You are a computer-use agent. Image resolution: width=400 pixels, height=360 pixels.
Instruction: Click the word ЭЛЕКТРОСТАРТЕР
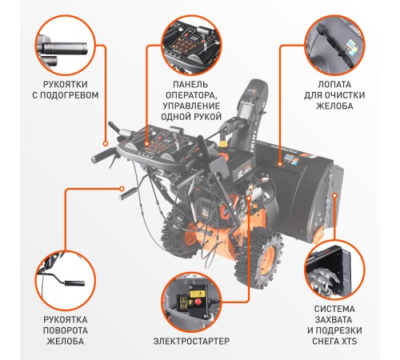[x=191, y=341]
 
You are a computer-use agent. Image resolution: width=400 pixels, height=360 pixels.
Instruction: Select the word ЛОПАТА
[x=334, y=85]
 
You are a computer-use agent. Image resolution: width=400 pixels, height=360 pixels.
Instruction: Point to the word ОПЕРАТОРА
[x=190, y=95]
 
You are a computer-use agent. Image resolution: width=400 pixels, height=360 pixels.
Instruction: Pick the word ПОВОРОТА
[x=66, y=330]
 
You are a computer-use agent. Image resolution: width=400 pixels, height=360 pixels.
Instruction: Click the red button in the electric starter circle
[x=198, y=302]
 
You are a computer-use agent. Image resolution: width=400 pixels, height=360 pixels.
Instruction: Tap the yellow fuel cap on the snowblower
[x=222, y=144]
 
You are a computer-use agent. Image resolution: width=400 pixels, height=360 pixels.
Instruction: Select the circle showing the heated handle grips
[x=66, y=46]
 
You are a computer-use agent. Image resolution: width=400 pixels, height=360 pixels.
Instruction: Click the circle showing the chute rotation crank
[x=66, y=281]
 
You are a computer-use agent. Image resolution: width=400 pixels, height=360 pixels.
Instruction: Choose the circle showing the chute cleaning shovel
[x=334, y=46]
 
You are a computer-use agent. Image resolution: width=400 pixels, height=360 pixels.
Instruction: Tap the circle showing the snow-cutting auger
[x=334, y=270]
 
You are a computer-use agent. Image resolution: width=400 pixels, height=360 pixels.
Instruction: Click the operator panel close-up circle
[x=192, y=46]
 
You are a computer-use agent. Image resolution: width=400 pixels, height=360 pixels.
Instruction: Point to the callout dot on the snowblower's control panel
[x=146, y=144]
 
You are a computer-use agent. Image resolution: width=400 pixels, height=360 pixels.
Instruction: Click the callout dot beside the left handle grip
[x=106, y=144]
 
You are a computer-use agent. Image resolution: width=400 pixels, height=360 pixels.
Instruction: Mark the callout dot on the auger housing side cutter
[x=334, y=195]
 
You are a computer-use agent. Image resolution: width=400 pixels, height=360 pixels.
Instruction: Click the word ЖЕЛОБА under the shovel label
[x=334, y=106]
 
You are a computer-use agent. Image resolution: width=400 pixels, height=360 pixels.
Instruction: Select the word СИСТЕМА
[x=334, y=309]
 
